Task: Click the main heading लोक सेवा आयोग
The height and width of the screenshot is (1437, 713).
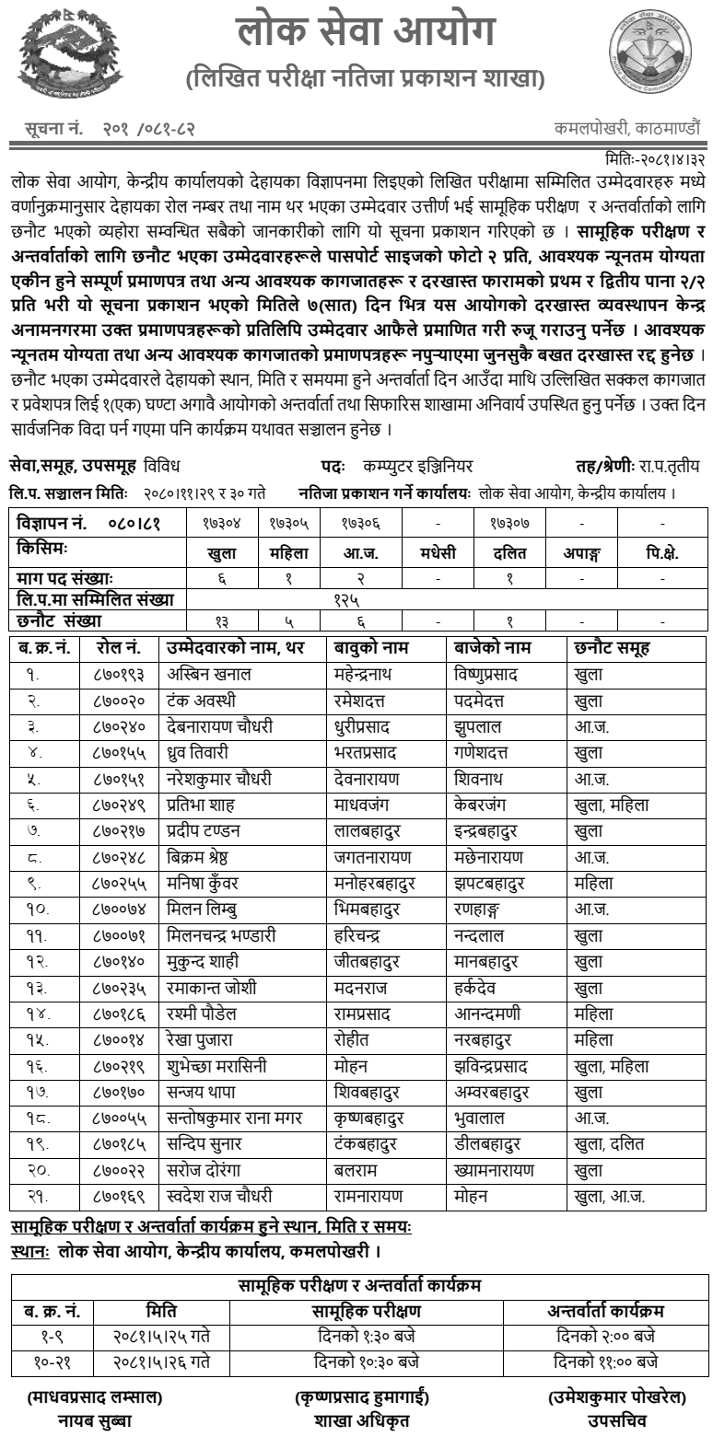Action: tap(366, 32)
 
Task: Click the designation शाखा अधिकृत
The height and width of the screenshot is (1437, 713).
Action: tap(360, 1420)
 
